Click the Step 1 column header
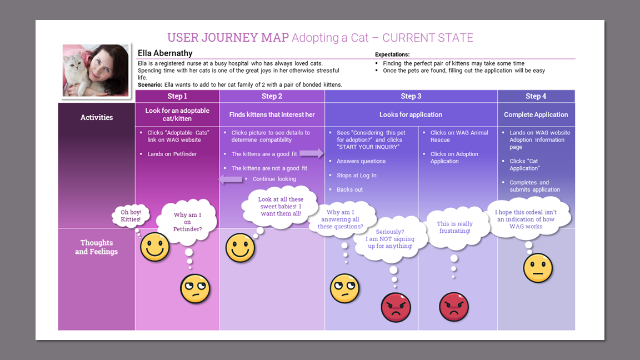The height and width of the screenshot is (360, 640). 177,96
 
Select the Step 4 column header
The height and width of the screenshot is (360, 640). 536,96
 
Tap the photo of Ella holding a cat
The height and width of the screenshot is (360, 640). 96,69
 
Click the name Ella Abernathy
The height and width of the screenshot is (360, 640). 165,53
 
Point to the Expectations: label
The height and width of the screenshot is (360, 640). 392,54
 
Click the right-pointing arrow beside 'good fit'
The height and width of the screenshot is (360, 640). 312,153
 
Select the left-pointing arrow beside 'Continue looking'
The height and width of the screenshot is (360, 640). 231,179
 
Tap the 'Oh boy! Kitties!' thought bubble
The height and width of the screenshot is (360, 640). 131,216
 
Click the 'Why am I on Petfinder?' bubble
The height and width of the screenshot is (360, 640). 187,222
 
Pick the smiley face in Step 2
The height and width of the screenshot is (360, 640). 240,248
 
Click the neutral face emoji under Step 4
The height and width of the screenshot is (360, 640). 538,268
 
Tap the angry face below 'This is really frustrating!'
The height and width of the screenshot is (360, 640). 454,307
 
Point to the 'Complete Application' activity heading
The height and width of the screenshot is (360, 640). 536,115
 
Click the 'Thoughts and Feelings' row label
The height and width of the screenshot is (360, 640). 97,247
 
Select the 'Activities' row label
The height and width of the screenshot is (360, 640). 97,117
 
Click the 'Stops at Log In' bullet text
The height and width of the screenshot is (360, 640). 357,176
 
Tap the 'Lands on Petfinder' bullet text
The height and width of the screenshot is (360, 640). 172,154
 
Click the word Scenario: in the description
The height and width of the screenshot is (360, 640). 150,84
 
